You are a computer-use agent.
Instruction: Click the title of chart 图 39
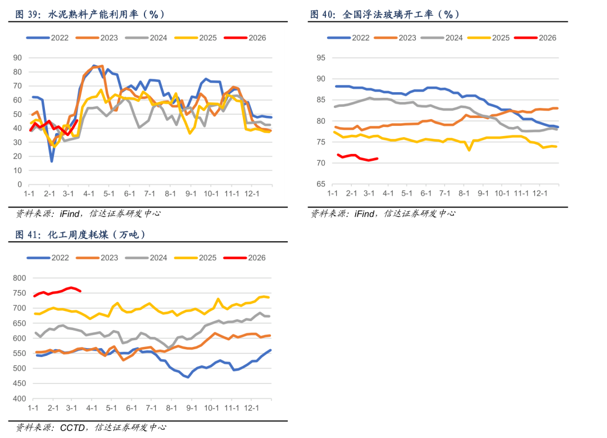[90, 15]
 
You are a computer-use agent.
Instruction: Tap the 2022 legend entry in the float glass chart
[348, 38]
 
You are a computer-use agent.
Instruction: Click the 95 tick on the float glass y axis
[321, 57]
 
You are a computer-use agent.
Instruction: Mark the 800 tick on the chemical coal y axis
[19, 278]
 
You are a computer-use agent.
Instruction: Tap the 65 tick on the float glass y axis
[321, 184]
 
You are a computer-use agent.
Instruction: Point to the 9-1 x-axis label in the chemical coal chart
[191, 408]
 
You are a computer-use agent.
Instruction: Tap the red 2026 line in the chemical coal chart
[56, 292]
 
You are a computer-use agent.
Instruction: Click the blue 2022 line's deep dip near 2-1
[52, 161]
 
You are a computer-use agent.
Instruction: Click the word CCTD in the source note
[73, 428]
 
